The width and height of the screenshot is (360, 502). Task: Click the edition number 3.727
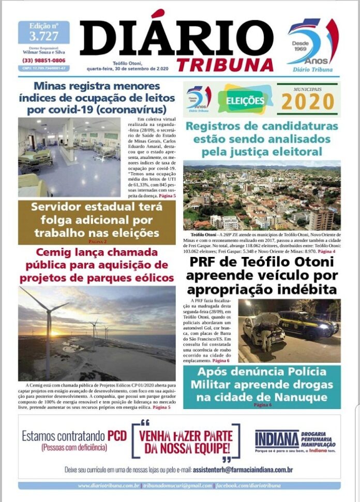[x=44, y=36]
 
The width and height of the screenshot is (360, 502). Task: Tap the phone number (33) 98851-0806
[x=44, y=60]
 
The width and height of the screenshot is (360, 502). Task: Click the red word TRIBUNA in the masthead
[x=224, y=65]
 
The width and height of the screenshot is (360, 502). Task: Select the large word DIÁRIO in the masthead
[x=176, y=39]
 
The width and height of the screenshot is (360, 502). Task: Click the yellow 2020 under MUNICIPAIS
[x=307, y=102]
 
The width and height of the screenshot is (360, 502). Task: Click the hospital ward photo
[x=69, y=157]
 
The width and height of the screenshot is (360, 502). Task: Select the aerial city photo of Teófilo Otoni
[x=262, y=196]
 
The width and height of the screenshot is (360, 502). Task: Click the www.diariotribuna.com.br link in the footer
[x=109, y=486]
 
